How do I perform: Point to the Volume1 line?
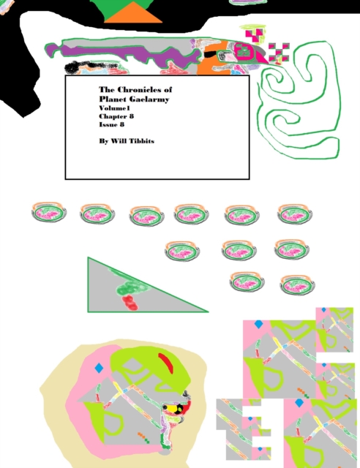pyautogui.click(x=114, y=107)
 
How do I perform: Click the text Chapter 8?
pyautogui.click(x=116, y=116)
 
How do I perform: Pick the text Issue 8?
pyautogui.click(x=112, y=124)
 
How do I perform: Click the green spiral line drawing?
pyautogui.click(x=296, y=95)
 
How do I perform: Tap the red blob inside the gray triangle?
pyautogui.click(x=130, y=302)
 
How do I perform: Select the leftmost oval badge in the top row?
pyautogui.click(x=49, y=214)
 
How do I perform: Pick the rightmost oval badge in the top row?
pyautogui.click(x=296, y=214)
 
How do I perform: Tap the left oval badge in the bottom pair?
pyautogui.click(x=247, y=282)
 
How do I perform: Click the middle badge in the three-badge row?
pyautogui.click(x=239, y=250)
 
